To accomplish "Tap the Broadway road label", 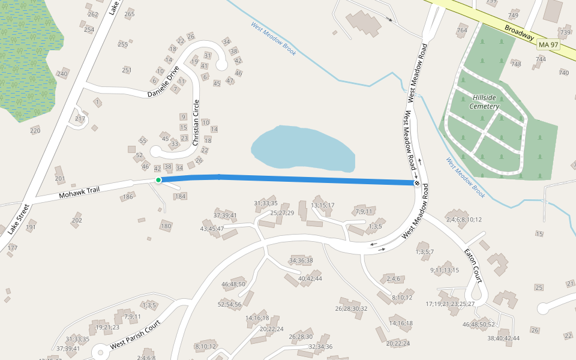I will click(x=519, y=32).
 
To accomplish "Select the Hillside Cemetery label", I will click(x=485, y=102).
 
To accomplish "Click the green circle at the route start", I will click(x=158, y=180).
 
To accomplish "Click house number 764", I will click(x=461, y=30).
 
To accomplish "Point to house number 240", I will click(x=62, y=74).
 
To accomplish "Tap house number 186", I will click(x=128, y=197).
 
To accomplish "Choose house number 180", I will click(x=166, y=226).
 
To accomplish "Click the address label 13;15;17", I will click(x=323, y=205).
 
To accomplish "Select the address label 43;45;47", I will click(x=212, y=229).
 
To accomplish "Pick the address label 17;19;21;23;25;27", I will click(x=450, y=304).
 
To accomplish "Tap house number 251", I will click(x=127, y=70).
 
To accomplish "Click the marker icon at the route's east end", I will click(x=416, y=182).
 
